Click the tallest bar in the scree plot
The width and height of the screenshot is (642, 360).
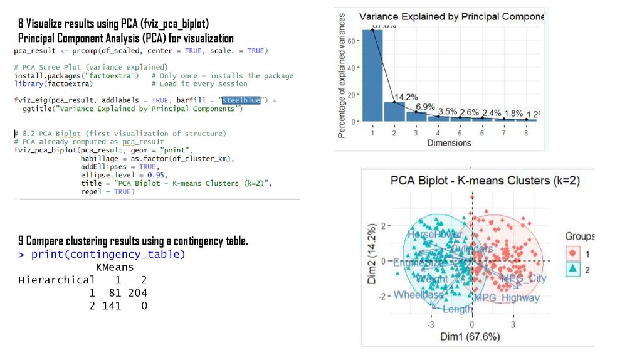[x=372, y=75]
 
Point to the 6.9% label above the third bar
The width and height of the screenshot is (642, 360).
[x=425, y=107]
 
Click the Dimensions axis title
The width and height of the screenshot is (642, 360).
[x=449, y=143]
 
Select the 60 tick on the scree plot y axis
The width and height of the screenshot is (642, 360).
[x=352, y=41]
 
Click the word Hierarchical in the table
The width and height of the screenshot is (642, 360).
[x=57, y=280]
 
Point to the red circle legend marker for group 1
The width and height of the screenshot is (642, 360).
[x=572, y=253]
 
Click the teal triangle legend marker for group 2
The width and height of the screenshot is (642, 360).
[x=572, y=269]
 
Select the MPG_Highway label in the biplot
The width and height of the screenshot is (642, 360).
[x=507, y=297]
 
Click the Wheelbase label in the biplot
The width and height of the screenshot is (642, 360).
[x=418, y=295]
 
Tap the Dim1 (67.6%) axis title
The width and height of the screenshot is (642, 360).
[x=470, y=337]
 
